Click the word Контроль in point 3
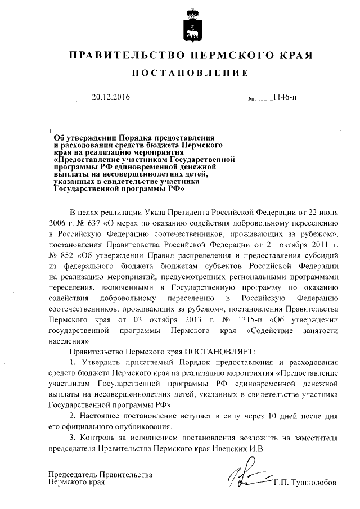pos(101,438)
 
